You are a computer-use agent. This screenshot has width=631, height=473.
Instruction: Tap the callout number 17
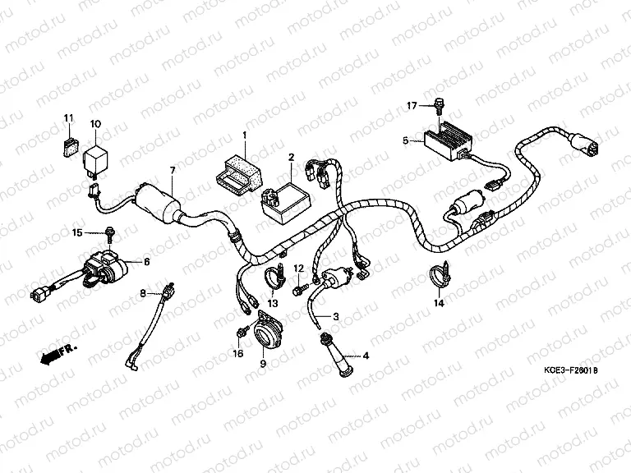click(412, 105)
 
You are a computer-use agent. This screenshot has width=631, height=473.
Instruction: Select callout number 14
click(439, 303)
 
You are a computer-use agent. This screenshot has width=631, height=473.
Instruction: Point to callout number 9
click(263, 363)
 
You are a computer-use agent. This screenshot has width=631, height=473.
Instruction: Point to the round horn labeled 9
click(265, 333)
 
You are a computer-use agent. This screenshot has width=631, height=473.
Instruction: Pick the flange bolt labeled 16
click(240, 333)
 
